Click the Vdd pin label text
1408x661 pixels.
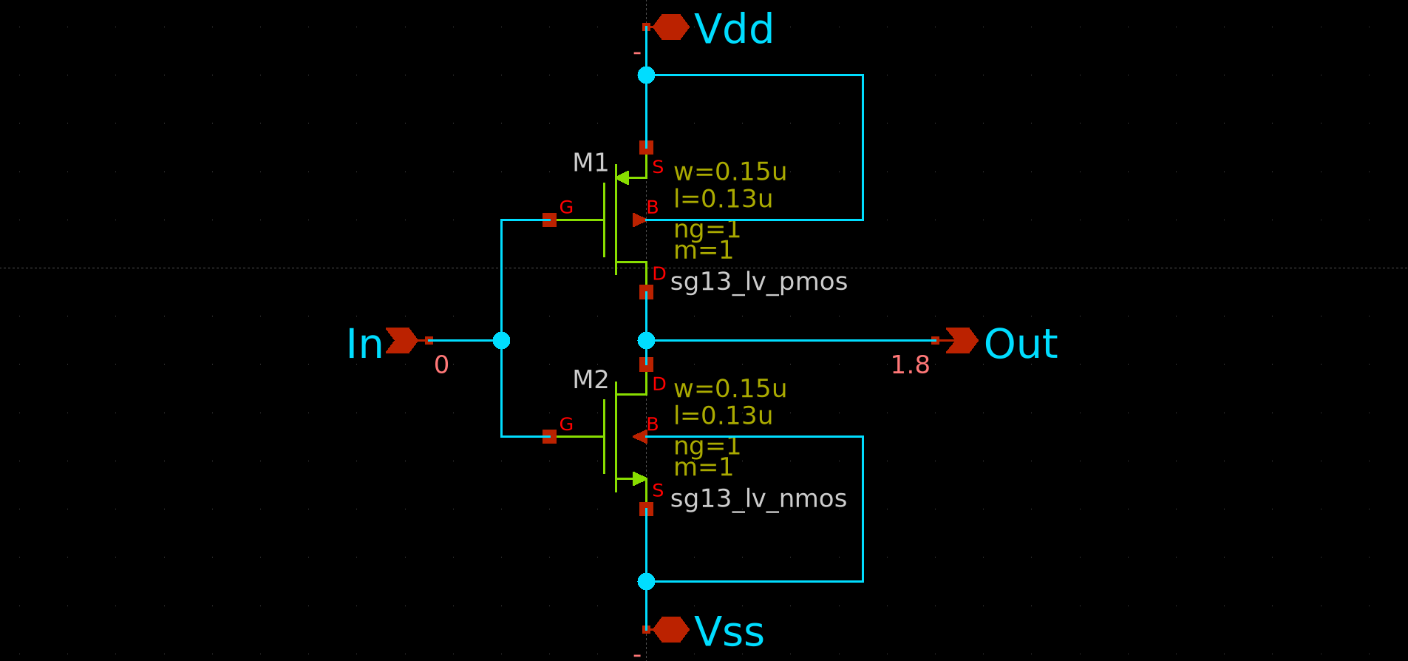733,30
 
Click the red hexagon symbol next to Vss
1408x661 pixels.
671,629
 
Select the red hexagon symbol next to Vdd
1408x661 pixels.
671,27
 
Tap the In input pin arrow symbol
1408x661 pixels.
401,340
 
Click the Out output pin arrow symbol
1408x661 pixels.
961,340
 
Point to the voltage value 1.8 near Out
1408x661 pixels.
910,365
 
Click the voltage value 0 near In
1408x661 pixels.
441,365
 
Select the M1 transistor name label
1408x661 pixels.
590,163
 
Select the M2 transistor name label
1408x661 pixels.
590,380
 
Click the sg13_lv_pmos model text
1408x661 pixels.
758,282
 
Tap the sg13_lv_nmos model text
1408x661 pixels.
758,499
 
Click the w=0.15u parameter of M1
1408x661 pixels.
729,172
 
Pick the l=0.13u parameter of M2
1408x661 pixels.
722,416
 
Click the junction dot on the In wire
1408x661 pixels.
501,340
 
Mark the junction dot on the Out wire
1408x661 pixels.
646,340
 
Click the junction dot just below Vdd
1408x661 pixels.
646,75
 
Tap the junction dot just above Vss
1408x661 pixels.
646,581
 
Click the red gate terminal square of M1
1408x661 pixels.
549,220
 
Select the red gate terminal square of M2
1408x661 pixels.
549,436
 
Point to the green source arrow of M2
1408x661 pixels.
639,478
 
